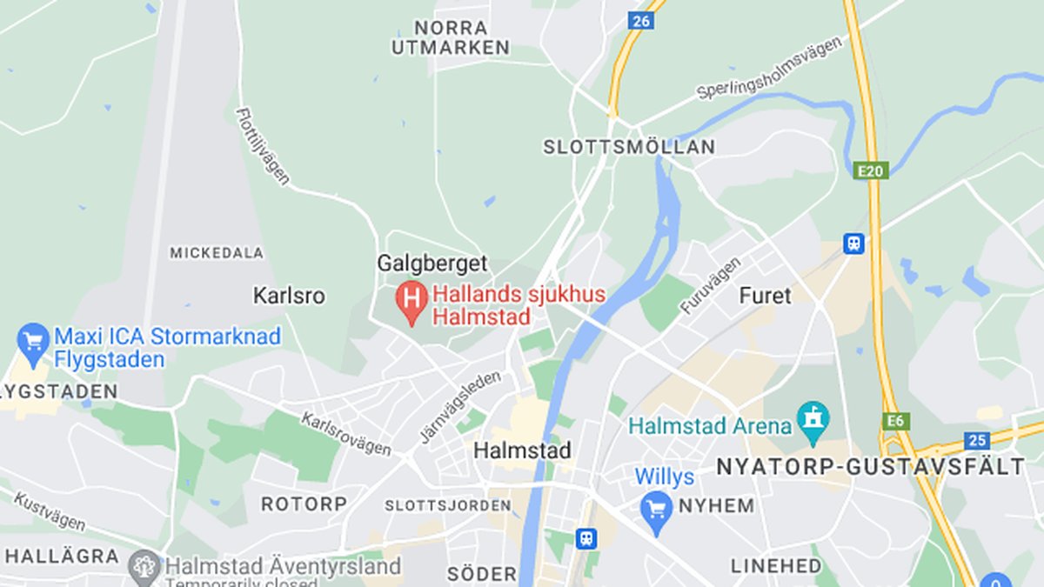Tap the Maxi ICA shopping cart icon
(34, 340)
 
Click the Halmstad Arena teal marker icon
(813, 420)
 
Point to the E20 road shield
(870, 170)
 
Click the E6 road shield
(894, 422)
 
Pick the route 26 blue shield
(640, 20)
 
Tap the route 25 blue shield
(977, 440)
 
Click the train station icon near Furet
(853, 243)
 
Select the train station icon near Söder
(587, 538)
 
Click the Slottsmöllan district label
(629, 148)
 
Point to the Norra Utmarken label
(450, 38)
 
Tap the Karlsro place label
(289, 297)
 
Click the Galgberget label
(432, 263)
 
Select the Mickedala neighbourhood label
(217, 253)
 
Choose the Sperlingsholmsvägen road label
(770, 68)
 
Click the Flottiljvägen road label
(263, 145)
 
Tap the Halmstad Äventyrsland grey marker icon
(144, 567)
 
